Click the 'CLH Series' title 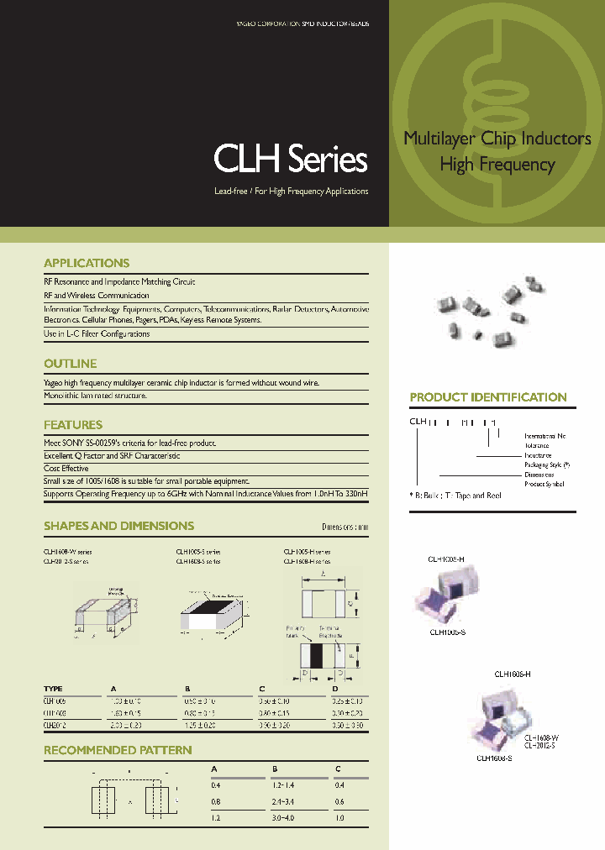pos(291,159)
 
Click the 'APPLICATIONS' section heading pos(87,263)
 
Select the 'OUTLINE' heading pos(70,364)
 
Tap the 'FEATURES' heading pos(73,425)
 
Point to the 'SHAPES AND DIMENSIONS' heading pos(118,526)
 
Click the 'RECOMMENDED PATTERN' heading pos(118,750)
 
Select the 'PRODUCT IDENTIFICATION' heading pos(488,397)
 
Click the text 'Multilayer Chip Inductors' pos(497,139)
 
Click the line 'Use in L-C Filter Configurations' pos(97,333)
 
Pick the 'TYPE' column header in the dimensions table pos(53,689)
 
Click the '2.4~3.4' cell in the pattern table pos(286,801)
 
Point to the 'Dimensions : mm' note pos(345,527)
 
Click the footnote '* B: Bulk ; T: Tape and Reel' pos(455,496)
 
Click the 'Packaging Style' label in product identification pos(546,464)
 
